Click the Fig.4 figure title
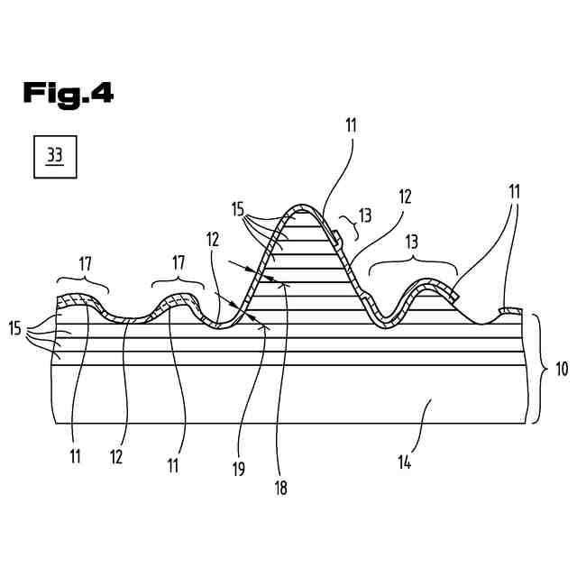coord(69,92)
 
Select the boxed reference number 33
coord(54,156)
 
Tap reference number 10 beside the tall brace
coord(562,368)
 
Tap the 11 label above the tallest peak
coord(351,126)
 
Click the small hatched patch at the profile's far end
coord(511,311)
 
